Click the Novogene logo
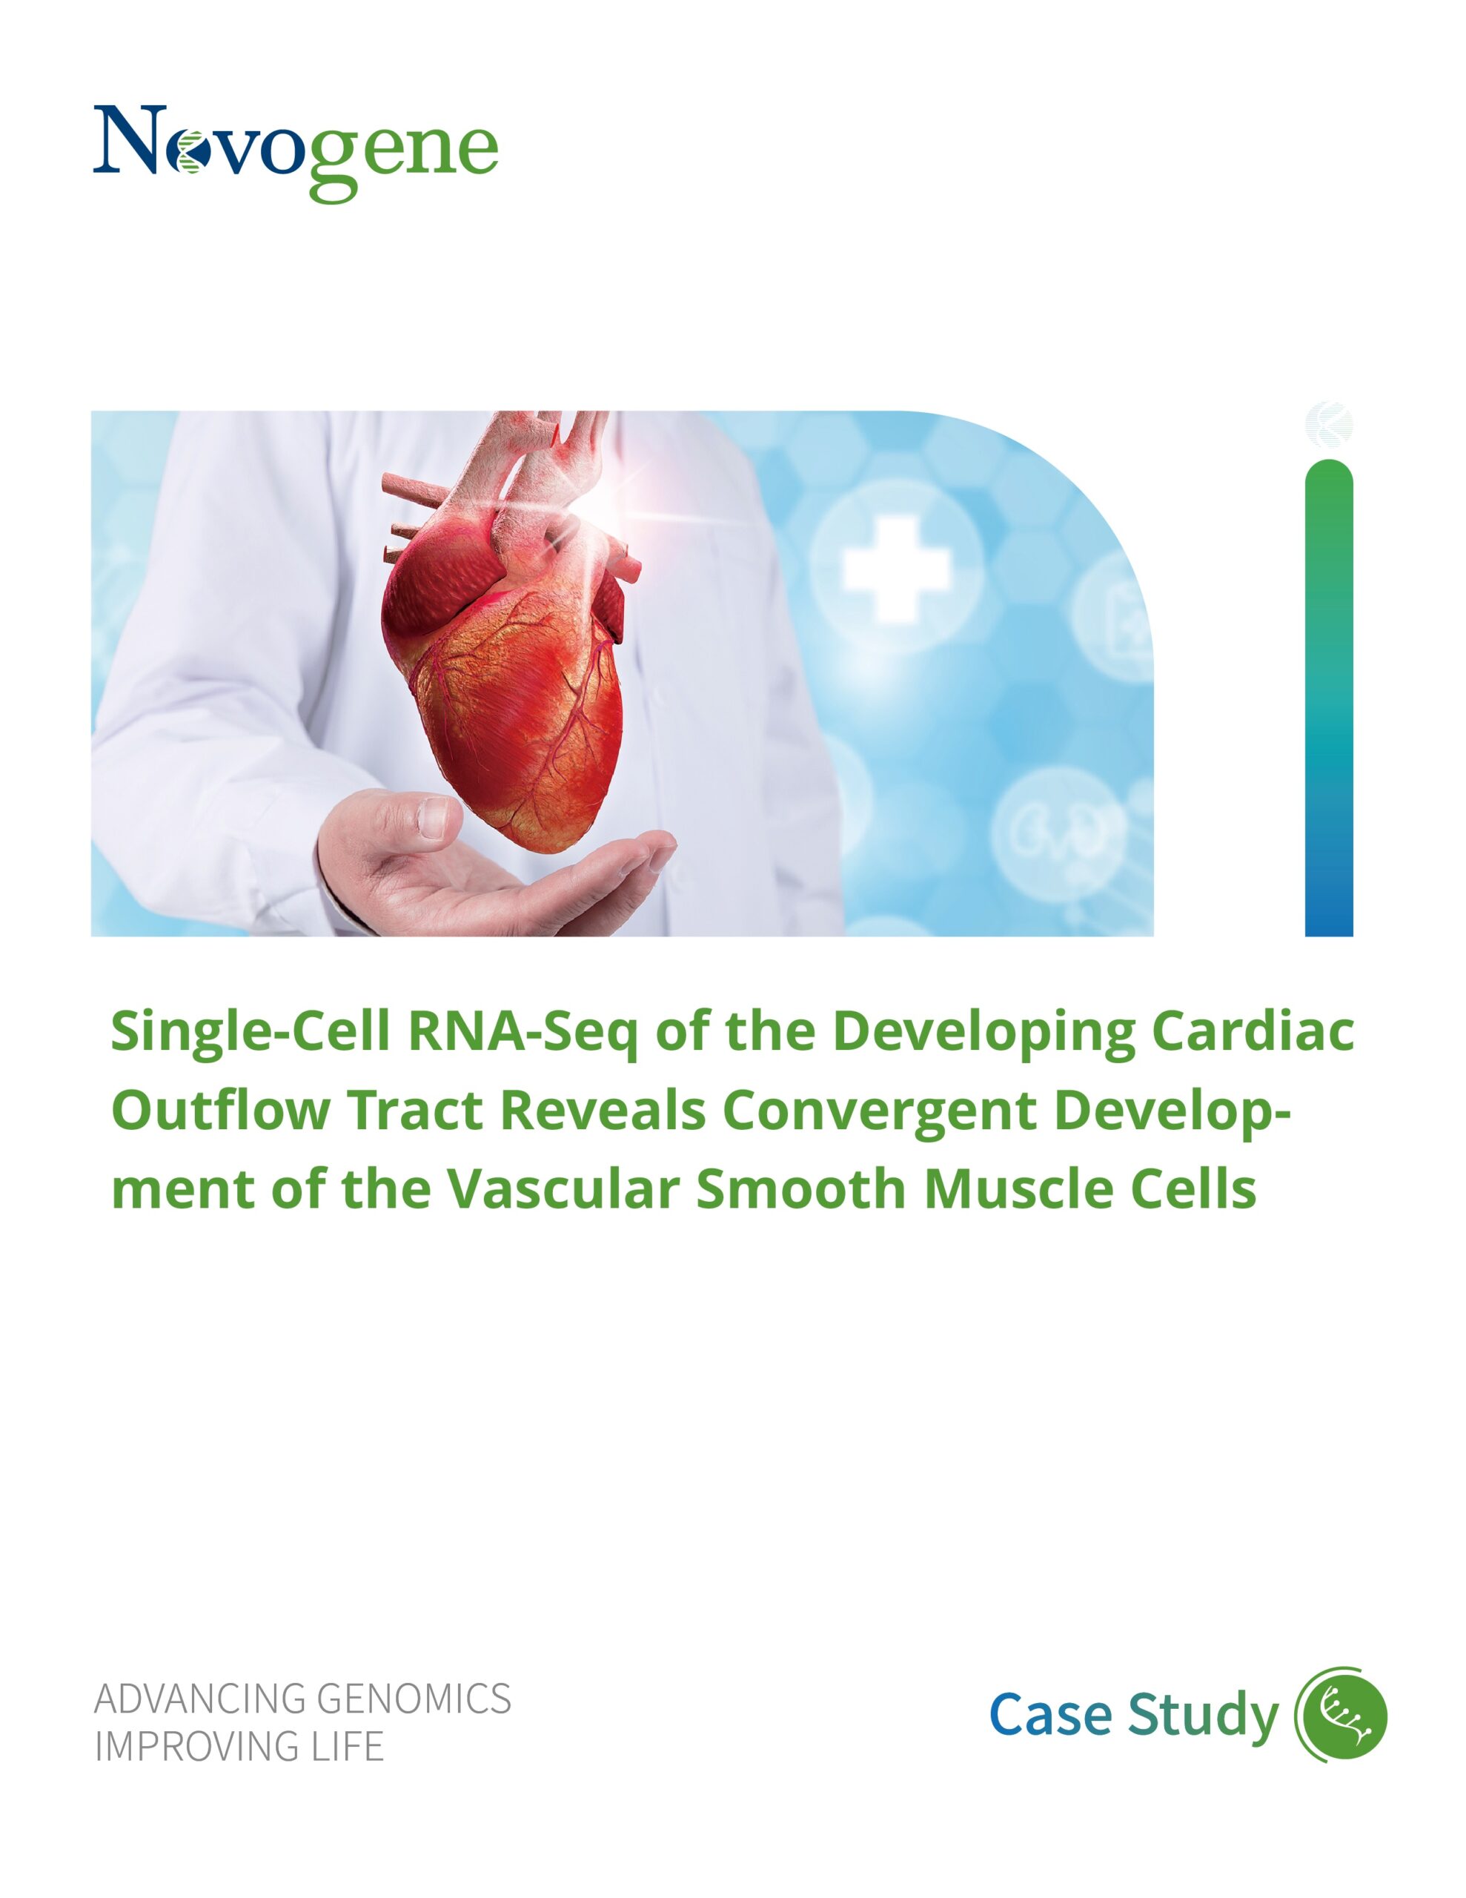pyautogui.click(x=296, y=152)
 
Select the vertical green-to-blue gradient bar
pyautogui.click(x=1329, y=698)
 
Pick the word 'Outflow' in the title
pyautogui.click(x=221, y=1110)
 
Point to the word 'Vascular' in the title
pyautogui.click(x=563, y=1188)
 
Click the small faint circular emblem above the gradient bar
pyautogui.click(x=1329, y=425)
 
